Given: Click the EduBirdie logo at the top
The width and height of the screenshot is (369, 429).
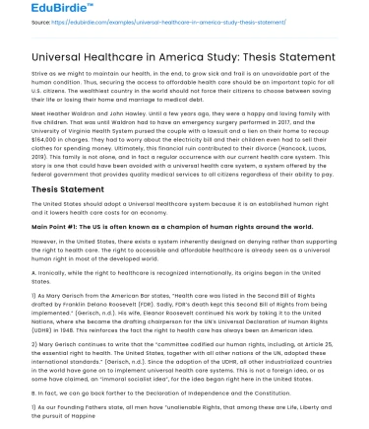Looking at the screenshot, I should click(x=39, y=11).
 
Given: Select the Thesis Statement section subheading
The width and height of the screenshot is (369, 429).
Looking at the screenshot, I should click(x=65, y=189).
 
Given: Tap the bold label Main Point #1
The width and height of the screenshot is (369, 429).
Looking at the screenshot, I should click(x=56, y=226).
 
